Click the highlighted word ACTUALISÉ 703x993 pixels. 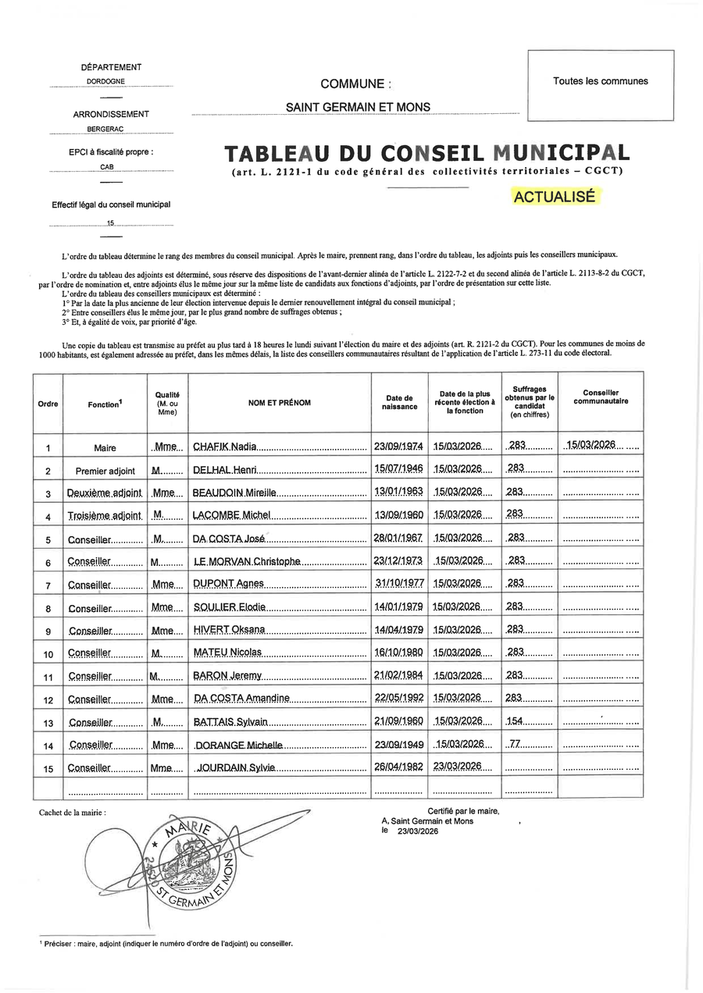555,197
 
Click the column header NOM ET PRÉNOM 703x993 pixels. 279,403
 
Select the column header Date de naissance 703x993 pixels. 399,403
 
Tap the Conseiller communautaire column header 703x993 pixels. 601,397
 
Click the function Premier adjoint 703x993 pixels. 105,471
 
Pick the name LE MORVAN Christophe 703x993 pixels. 246,561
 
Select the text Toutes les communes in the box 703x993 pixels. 600,81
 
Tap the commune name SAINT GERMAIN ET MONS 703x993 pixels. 357,107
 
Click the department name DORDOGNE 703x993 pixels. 111,81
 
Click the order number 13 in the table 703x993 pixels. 48,722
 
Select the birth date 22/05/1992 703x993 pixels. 398,697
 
